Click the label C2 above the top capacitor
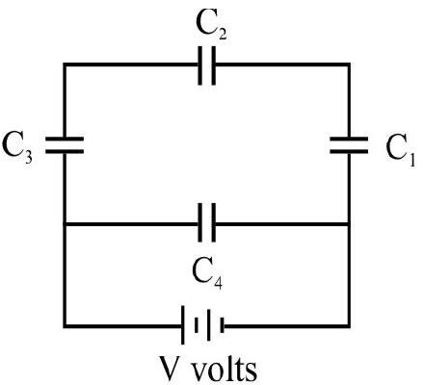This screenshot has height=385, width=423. tap(211, 27)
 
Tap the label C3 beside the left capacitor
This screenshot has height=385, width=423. tap(16, 149)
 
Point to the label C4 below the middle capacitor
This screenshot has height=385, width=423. tap(207, 276)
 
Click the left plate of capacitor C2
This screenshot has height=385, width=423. tap(200, 65)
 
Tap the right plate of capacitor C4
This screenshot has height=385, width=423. tap(214, 222)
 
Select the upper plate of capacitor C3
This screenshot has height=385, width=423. tap(65, 139)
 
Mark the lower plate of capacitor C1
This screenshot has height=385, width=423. tap(349, 151)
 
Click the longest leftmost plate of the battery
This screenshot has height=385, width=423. tap(183, 325)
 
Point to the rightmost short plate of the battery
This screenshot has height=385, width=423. tap(223, 326)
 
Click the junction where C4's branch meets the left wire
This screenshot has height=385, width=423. tap(65, 223)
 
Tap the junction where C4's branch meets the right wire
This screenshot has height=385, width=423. tap(349, 223)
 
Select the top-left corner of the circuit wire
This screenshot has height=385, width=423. tap(65, 65)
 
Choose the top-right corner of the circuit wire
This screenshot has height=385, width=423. tap(349, 65)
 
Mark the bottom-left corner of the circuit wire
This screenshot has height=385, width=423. tap(65, 326)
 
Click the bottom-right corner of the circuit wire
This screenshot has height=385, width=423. tap(349, 326)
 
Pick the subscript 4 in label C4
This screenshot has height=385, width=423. tap(218, 282)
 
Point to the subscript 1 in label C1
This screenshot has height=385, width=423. tap(411, 159)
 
